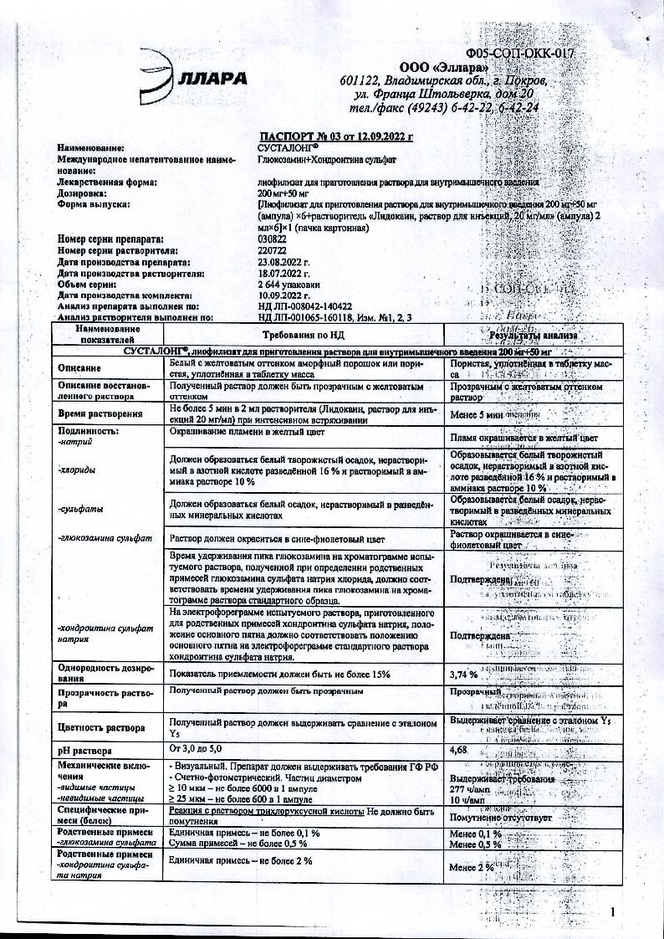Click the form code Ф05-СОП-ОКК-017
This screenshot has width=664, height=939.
click(x=523, y=54)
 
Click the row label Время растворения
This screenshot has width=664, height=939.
click(x=92, y=414)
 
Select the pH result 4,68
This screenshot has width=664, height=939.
click(x=458, y=750)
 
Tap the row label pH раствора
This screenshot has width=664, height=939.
click(x=84, y=751)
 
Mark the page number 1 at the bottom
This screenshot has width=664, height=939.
click(x=613, y=911)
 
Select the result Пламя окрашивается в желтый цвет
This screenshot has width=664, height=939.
click(x=524, y=438)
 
